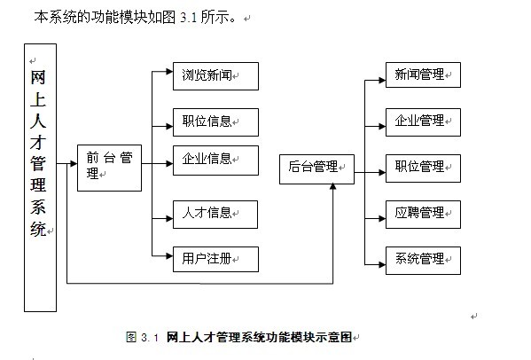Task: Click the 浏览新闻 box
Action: pos(215,76)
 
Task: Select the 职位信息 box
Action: pos(215,122)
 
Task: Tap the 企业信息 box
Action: pos(215,160)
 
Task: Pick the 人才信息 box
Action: pos(215,215)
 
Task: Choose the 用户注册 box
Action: pos(215,260)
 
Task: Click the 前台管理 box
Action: pos(109,168)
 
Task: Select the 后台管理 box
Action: pos(316,169)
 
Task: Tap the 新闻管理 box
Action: pos(423,74)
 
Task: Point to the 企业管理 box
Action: pos(423,122)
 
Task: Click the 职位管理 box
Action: pos(423,168)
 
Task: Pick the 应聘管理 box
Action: pos(423,215)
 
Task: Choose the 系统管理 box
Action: pos(423,261)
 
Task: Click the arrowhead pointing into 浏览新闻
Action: pos(169,72)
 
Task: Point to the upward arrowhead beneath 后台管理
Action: pos(333,186)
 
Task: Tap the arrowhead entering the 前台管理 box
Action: pos(74,163)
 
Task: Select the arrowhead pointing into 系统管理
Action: pos(382,264)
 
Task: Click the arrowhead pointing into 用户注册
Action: pos(169,255)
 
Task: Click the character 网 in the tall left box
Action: pos(37,77)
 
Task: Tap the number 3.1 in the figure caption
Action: pos(150,337)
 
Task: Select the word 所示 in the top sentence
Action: pos(215,17)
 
